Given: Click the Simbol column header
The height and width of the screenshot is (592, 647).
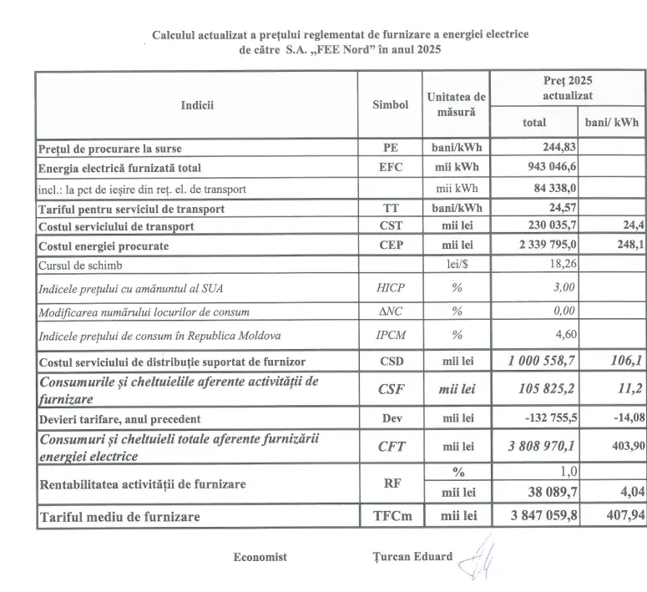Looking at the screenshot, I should pos(390,104).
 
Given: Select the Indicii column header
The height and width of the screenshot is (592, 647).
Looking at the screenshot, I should pos(197,104).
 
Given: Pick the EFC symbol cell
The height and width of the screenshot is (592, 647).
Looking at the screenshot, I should pos(390,167).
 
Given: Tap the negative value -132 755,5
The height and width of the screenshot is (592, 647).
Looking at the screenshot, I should pos(545,417).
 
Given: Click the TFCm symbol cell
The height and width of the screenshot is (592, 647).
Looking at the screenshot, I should pos(390,516).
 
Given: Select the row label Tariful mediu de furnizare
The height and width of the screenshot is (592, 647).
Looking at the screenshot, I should pos(120,517).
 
